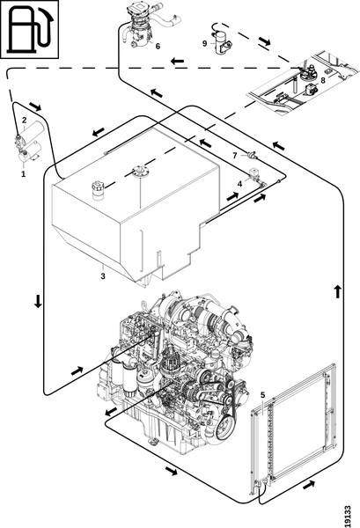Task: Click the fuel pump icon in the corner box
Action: [x=30, y=30]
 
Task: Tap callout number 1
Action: [x=23, y=174]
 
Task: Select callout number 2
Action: [x=25, y=121]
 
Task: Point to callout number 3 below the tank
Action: [x=103, y=276]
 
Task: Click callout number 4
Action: [x=239, y=184]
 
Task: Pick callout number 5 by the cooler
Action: [x=262, y=394]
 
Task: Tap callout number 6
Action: [x=158, y=47]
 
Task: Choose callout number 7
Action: [x=235, y=155]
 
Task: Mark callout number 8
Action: [x=323, y=80]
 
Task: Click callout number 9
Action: [x=204, y=43]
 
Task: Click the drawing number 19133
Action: [x=348, y=516]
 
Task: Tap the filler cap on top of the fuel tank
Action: [x=98, y=190]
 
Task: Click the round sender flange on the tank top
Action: [x=138, y=171]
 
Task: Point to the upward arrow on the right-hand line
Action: [x=338, y=291]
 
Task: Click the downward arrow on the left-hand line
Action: [x=38, y=301]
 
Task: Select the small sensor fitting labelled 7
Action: [x=253, y=155]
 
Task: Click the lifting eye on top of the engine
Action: [x=145, y=304]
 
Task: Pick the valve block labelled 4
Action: [x=256, y=177]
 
